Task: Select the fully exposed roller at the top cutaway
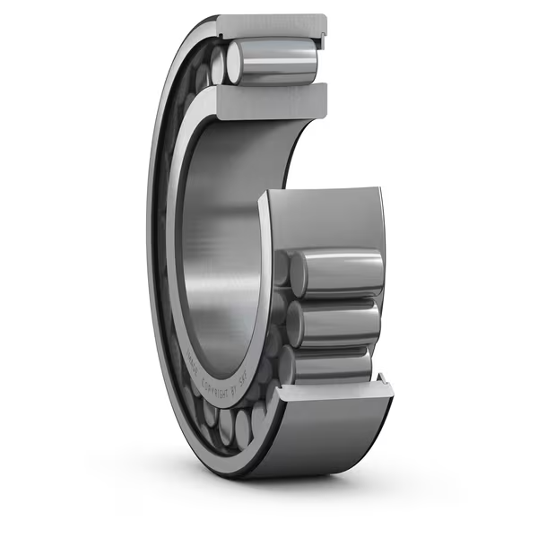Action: [273, 61]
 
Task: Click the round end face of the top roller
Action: [235, 63]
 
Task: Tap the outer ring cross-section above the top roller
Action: [269, 24]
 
